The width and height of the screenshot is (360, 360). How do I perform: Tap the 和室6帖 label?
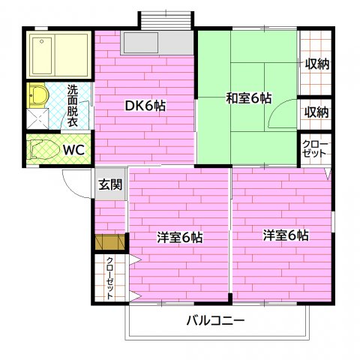tap(249, 97)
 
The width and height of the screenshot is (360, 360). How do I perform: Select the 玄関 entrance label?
tap(109, 184)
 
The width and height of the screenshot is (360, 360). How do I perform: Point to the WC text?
tap(73, 149)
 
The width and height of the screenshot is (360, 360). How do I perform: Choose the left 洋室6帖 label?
tap(179, 237)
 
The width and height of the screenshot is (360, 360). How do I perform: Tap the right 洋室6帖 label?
tap(286, 235)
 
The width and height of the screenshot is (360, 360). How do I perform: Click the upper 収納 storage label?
tap(316, 64)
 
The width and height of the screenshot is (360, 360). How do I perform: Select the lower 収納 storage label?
tap(316, 112)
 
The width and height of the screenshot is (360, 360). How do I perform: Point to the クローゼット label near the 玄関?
tap(109, 278)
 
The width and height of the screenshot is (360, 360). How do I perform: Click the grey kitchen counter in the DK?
tap(158, 43)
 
